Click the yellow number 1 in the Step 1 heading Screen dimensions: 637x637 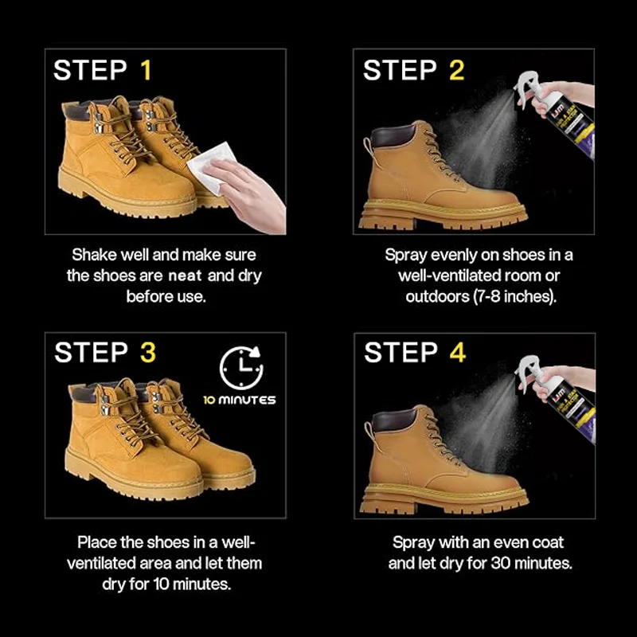[147, 70]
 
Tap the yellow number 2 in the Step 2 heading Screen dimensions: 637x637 [456, 70]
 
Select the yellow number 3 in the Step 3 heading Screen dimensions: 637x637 [148, 352]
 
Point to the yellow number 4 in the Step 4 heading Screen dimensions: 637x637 [458, 352]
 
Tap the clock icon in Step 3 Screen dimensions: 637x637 [242, 368]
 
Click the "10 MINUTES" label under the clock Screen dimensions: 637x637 [240, 401]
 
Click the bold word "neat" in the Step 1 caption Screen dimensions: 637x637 [185, 276]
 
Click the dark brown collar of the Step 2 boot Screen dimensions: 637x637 [393, 136]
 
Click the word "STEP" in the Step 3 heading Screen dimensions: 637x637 [91, 352]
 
